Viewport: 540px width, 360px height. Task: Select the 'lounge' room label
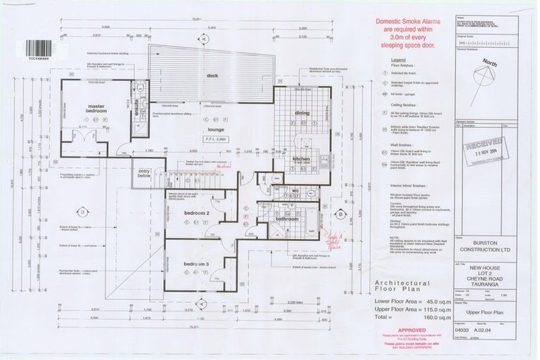(x=214, y=130)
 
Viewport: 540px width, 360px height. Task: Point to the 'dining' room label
(x=302, y=112)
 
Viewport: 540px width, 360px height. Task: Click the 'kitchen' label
(x=301, y=159)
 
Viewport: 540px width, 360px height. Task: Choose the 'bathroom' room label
(x=288, y=219)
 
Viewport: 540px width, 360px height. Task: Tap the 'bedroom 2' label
(x=197, y=212)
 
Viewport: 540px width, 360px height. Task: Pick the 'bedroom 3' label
(x=197, y=264)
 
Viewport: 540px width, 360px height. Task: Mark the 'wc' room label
(x=296, y=191)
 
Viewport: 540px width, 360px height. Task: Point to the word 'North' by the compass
(x=489, y=63)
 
